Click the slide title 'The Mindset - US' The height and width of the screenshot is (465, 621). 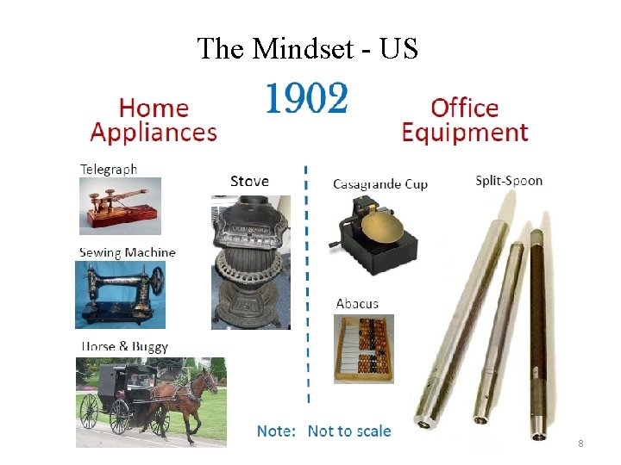[x=308, y=49]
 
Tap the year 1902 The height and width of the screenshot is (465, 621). [x=306, y=100]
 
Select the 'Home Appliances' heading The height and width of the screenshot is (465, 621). [x=154, y=120]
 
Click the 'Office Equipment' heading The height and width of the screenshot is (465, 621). [x=464, y=120]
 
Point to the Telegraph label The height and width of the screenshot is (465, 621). [x=108, y=169]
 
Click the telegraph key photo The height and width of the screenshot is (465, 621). [x=120, y=206]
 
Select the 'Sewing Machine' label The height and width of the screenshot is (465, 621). [x=127, y=252]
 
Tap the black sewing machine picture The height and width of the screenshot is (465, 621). [x=120, y=294]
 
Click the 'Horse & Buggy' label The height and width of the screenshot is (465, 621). [x=123, y=347]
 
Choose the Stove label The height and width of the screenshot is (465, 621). [x=249, y=181]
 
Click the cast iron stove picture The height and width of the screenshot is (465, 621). [x=251, y=263]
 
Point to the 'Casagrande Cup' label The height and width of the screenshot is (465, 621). [x=379, y=184]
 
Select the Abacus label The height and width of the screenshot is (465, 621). [x=357, y=303]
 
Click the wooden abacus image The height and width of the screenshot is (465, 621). [x=363, y=348]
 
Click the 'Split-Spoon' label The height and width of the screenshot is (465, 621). [x=509, y=181]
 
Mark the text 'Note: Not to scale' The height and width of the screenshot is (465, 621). [x=323, y=431]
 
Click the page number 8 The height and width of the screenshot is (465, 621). [x=580, y=443]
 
